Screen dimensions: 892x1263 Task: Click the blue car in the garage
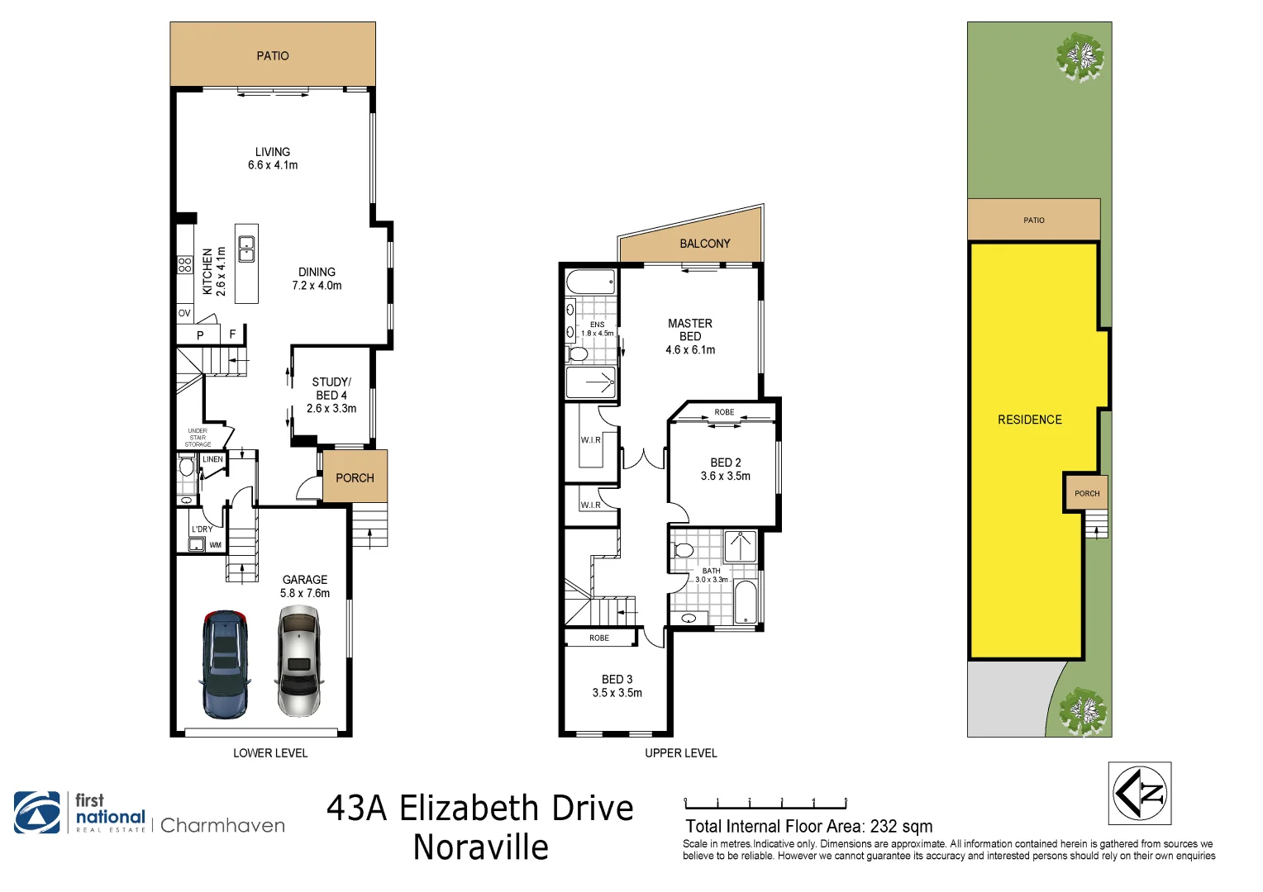coord(224,664)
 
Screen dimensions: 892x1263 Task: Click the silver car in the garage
coord(298,661)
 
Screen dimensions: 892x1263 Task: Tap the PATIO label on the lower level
coord(273,56)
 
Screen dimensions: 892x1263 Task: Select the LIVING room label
coord(273,159)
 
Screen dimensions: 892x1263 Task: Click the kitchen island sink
coord(246,249)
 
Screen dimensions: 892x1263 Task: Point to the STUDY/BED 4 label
coord(331,395)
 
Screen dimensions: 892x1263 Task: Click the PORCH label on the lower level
coord(355,478)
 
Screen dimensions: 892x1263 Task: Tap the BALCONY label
coord(704,244)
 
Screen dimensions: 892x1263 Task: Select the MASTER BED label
coord(690,336)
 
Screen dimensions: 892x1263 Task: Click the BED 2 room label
coord(726,469)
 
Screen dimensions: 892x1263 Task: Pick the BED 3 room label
coord(617,686)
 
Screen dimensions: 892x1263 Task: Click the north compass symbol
coord(1139,794)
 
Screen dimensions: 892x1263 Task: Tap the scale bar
coord(765,804)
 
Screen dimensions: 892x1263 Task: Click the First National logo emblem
coord(37,813)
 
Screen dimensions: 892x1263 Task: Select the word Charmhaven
coord(222,825)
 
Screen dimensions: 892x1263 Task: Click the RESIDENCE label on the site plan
coord(1030,420)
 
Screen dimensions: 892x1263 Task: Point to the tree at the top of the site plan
coord(1080,57)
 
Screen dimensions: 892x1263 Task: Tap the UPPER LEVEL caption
coord(681,753)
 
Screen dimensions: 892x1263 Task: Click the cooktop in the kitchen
coord(185,265)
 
